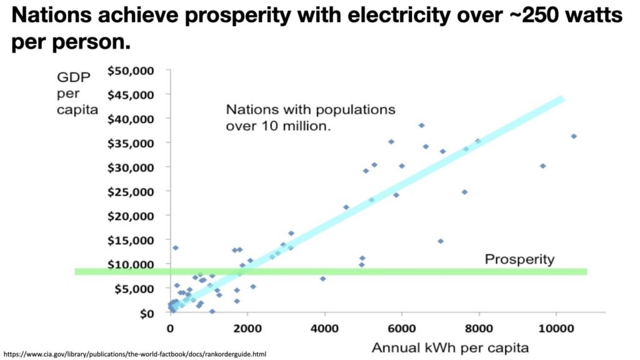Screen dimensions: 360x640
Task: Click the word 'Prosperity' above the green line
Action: click(519, 259)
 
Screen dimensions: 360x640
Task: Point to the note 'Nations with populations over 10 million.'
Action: click(311, 116)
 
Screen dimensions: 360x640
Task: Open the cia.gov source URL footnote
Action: click(134, 354)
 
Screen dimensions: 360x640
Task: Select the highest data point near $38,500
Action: click(421, 125)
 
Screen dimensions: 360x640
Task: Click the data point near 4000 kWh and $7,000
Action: click(322, 279)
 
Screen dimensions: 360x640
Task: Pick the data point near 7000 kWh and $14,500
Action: click(440, 241)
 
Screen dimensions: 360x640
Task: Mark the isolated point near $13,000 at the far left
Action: click(176, 248)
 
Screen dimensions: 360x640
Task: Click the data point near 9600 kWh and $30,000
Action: click(542, 166)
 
